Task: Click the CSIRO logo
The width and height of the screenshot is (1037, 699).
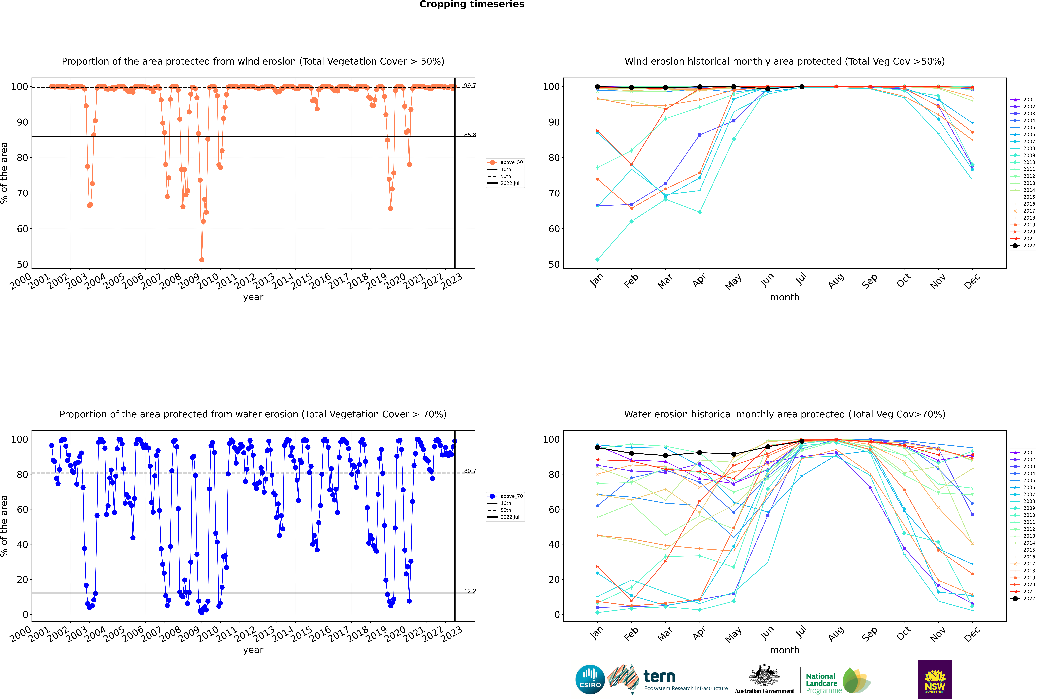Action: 590,679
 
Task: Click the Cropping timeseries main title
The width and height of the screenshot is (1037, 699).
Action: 472,4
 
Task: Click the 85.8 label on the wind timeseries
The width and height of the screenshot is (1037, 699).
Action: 469,135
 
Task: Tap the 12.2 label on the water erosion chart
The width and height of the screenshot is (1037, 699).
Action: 469,591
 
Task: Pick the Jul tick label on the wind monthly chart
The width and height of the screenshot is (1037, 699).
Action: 801,279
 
